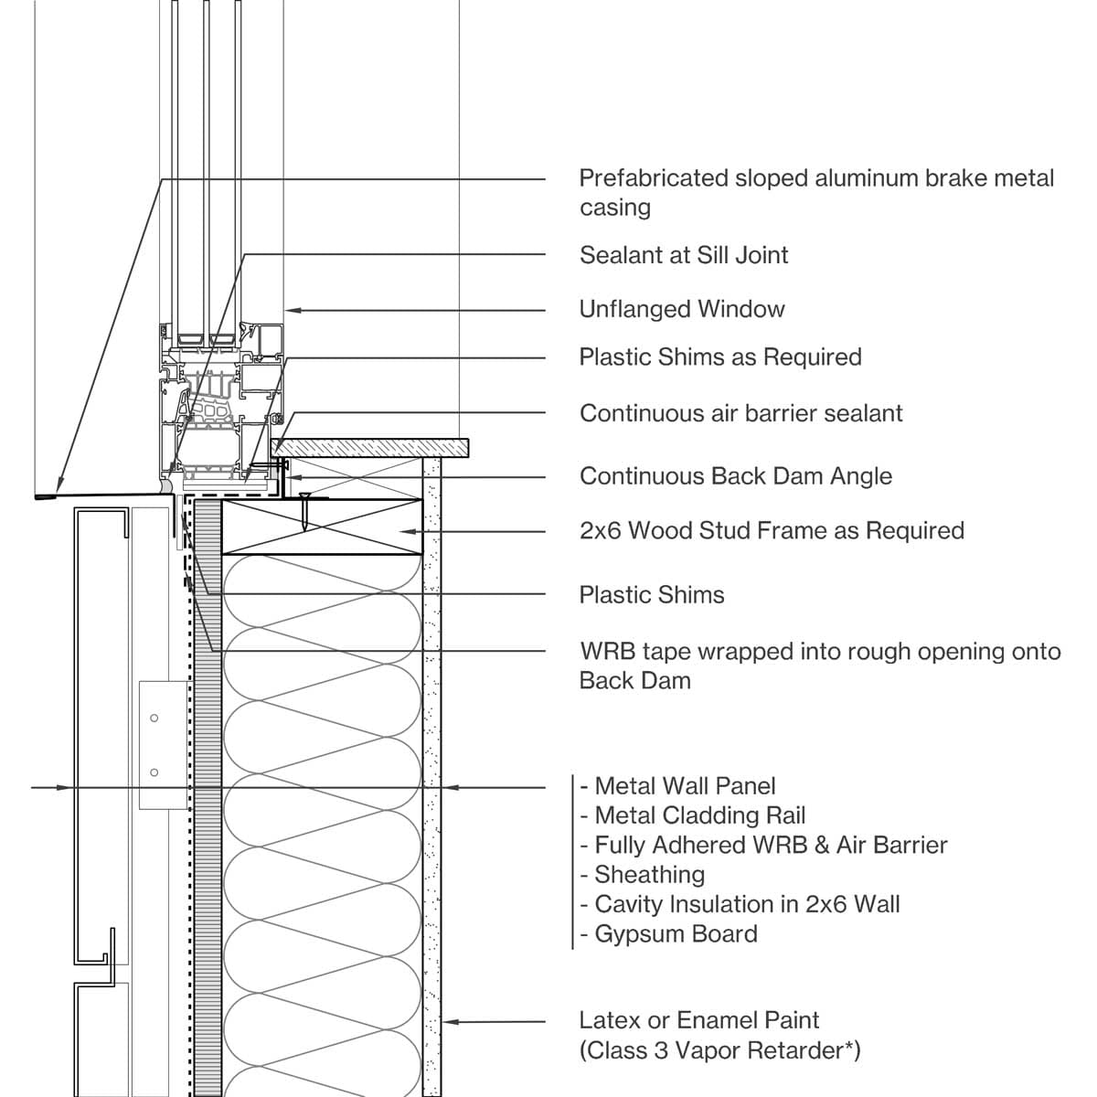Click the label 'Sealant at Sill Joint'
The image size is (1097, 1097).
(x=683, y=255)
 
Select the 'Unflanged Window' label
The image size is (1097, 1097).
(x=682, y=309)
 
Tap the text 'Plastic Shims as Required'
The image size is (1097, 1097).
(x=720, y=357)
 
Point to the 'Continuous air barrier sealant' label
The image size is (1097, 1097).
(x=740, y=413)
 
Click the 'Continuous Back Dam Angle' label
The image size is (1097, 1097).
(x=736, y=476)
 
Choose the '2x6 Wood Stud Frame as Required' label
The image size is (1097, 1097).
(x=772, y=531)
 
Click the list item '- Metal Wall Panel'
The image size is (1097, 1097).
(x=677, y=786)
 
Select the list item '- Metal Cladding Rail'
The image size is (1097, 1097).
(x=693, y=815)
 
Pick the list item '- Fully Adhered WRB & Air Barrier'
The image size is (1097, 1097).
(x=763, y=845)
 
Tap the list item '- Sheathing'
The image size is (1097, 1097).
(x=643, y=875)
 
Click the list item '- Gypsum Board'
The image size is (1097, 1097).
(x=669, y=934)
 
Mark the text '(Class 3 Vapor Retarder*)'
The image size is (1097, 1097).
(x=719, y=1050)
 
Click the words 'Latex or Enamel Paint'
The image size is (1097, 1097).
(x=699, y=1020)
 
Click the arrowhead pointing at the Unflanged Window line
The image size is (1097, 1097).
(x=293, y=311)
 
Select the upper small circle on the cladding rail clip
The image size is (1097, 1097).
(x=154, y=719)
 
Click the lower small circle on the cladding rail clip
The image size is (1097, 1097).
(x=154, y=773)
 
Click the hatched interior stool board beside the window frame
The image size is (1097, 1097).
(x=370, y=447)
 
